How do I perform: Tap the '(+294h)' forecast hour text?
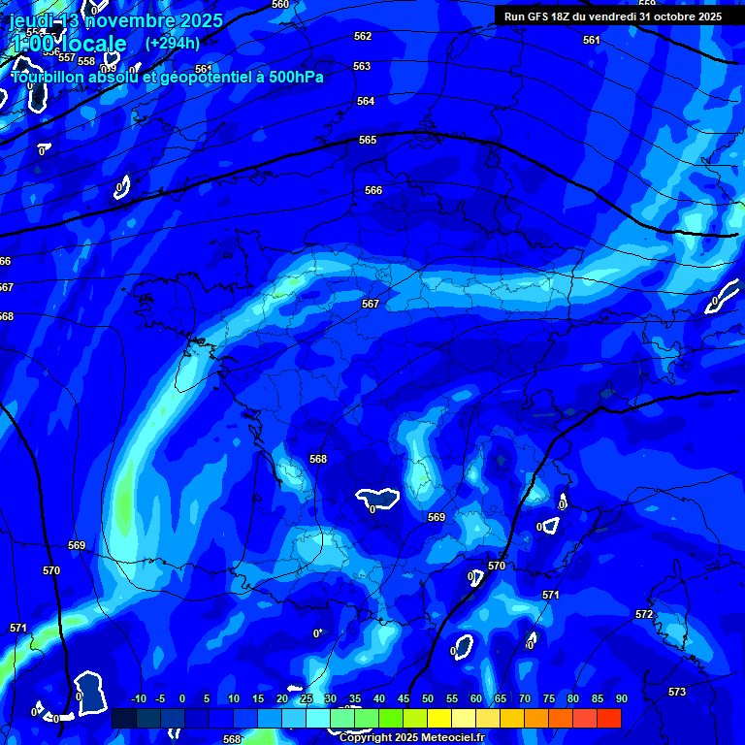pos(173,43)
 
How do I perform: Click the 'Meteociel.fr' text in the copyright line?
pos(446,738)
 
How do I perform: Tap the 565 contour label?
pos(368,141)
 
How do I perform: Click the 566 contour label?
pos(373,191)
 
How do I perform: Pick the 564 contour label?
pos(366,102)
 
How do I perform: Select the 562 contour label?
pos(363,37)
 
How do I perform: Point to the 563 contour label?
pos(362,67)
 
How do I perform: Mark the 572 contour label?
pos(644,615)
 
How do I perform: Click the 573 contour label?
pos(677,692)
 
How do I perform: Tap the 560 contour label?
pos(280,5)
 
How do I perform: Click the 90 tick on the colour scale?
pos(621,698)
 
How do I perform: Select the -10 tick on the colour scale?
pos(139,698)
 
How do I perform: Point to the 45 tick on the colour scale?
pos(403,698)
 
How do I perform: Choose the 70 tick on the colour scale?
pos(524,698)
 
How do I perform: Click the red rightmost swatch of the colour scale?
pos(609,718)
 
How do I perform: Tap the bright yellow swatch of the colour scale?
pos(439,718)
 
